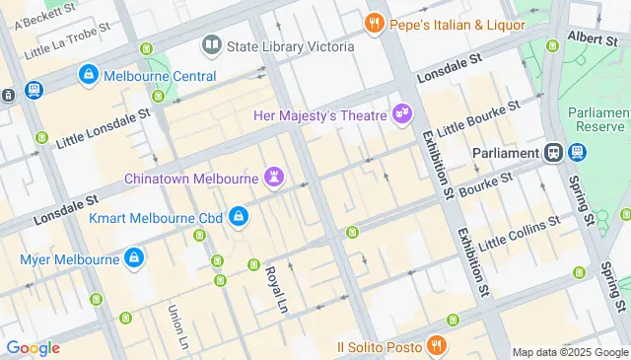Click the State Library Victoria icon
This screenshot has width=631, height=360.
(212, 45)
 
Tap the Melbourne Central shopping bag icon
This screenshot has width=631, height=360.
(89, 75)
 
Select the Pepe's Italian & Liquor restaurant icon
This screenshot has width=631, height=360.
(374, 22)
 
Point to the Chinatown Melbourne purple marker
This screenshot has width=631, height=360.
(275, 178)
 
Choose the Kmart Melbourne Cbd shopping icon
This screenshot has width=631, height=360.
(238, 216)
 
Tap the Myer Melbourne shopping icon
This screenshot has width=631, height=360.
(134, 259)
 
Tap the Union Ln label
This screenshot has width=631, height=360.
(177, 327)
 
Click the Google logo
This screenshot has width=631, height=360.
(33, 347)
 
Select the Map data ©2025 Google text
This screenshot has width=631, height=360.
(570, 352)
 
